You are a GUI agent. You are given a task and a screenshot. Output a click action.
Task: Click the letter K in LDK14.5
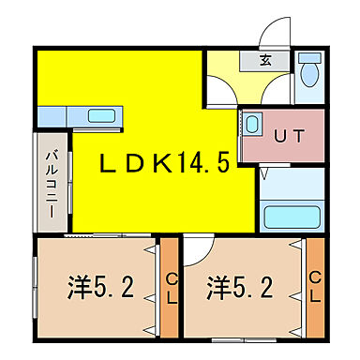160,164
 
